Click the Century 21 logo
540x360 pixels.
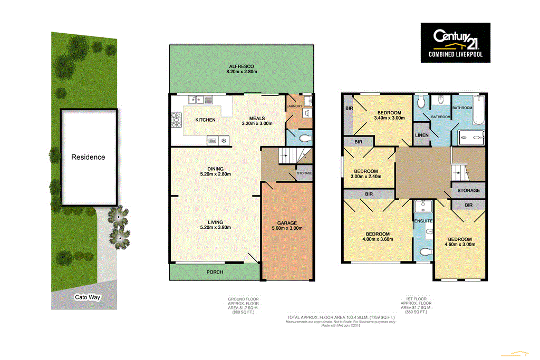pos(455,43)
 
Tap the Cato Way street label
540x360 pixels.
pos(87,297)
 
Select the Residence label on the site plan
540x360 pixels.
pos(88,157)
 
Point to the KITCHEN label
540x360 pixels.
pos(205,120)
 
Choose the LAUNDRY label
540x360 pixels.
pos(294,106)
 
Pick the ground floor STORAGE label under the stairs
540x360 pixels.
pos(304,173)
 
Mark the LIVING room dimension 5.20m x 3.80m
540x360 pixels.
pos(215,228)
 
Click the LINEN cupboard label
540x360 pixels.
pos(421,135)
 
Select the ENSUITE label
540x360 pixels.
pos(423,221)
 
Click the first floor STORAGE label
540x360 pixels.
pos(468,190)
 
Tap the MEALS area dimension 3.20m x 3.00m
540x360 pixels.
pos(257,123)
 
